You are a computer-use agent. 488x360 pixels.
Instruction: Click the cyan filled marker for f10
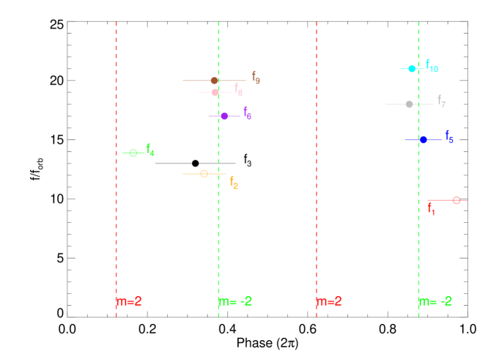pyautogui.click(x=412, y=69)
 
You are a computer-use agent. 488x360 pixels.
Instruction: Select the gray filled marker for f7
pyautogui.click(x=409, y=104)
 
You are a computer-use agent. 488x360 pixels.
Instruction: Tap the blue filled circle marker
pyautogui.click(x=424, y=139)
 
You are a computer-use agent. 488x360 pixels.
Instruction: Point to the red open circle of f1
pyautogui.click(x=456, y=200)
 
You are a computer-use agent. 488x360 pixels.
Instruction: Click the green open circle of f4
pyautogui.click(x=133, y=153)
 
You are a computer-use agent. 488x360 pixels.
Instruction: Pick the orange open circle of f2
pyautogui.click(x=204, y=174)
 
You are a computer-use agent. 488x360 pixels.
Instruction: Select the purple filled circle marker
pyautogui.click(x=224, y=116)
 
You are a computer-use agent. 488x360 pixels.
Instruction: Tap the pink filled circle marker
pyautogui.click(x=215, y=92)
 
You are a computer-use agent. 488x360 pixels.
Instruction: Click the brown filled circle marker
pyautogui.click(x=214, y=81)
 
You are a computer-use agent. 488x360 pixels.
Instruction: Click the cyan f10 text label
pyautogui.click(x=432, y=67)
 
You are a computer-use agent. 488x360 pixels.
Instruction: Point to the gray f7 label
pyautogui.click(x=441, y=101)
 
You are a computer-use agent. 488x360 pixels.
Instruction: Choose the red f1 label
pyautogui.click(x=431, y=209)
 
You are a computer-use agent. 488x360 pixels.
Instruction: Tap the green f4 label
pyautogui.click(x=150, y=150)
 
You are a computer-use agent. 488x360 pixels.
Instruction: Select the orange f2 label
pyautogui.click(x=234, y=183)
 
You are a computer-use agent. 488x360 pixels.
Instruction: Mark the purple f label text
pyautogui.click(x=248, y=113)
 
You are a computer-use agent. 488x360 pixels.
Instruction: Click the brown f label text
pyautogui.click(x=256, y=77)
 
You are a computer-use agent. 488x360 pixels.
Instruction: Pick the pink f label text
pyautogui.click(x=238, y=89)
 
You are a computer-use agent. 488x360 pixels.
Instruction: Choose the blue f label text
pyautogui.click(x=449, y=137)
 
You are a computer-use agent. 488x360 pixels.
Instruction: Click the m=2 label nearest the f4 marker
pyautogui.click(x=129, y=301)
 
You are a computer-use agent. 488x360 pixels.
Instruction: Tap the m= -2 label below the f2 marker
pyautogui.click(x=235, y=301)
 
